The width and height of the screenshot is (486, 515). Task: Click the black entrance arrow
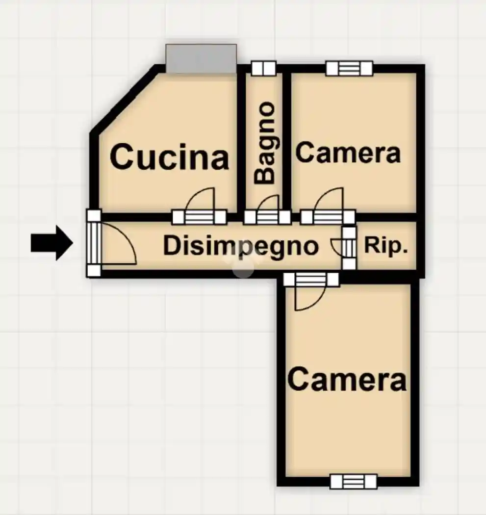click(x=52, y=243)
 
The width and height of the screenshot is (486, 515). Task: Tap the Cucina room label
click(x=170, y=157)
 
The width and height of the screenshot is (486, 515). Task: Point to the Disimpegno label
click(x=241, y=246)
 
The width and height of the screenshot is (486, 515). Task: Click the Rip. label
click(x=386, y=245)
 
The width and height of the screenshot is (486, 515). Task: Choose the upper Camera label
click(x=348, y=153)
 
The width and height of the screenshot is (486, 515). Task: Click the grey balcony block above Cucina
click(x=201, y=58)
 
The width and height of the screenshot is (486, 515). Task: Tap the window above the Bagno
click(x=263, y=68)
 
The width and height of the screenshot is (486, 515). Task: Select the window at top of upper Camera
click(x=349, y=68)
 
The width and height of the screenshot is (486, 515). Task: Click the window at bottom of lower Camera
click(x=353, y=482)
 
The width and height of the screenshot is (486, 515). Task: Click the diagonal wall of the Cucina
click(x=127, y=99)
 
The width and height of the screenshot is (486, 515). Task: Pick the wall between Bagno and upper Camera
click(x=287, y=141)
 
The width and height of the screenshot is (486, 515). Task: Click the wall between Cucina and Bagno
click(x=241, y=141)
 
